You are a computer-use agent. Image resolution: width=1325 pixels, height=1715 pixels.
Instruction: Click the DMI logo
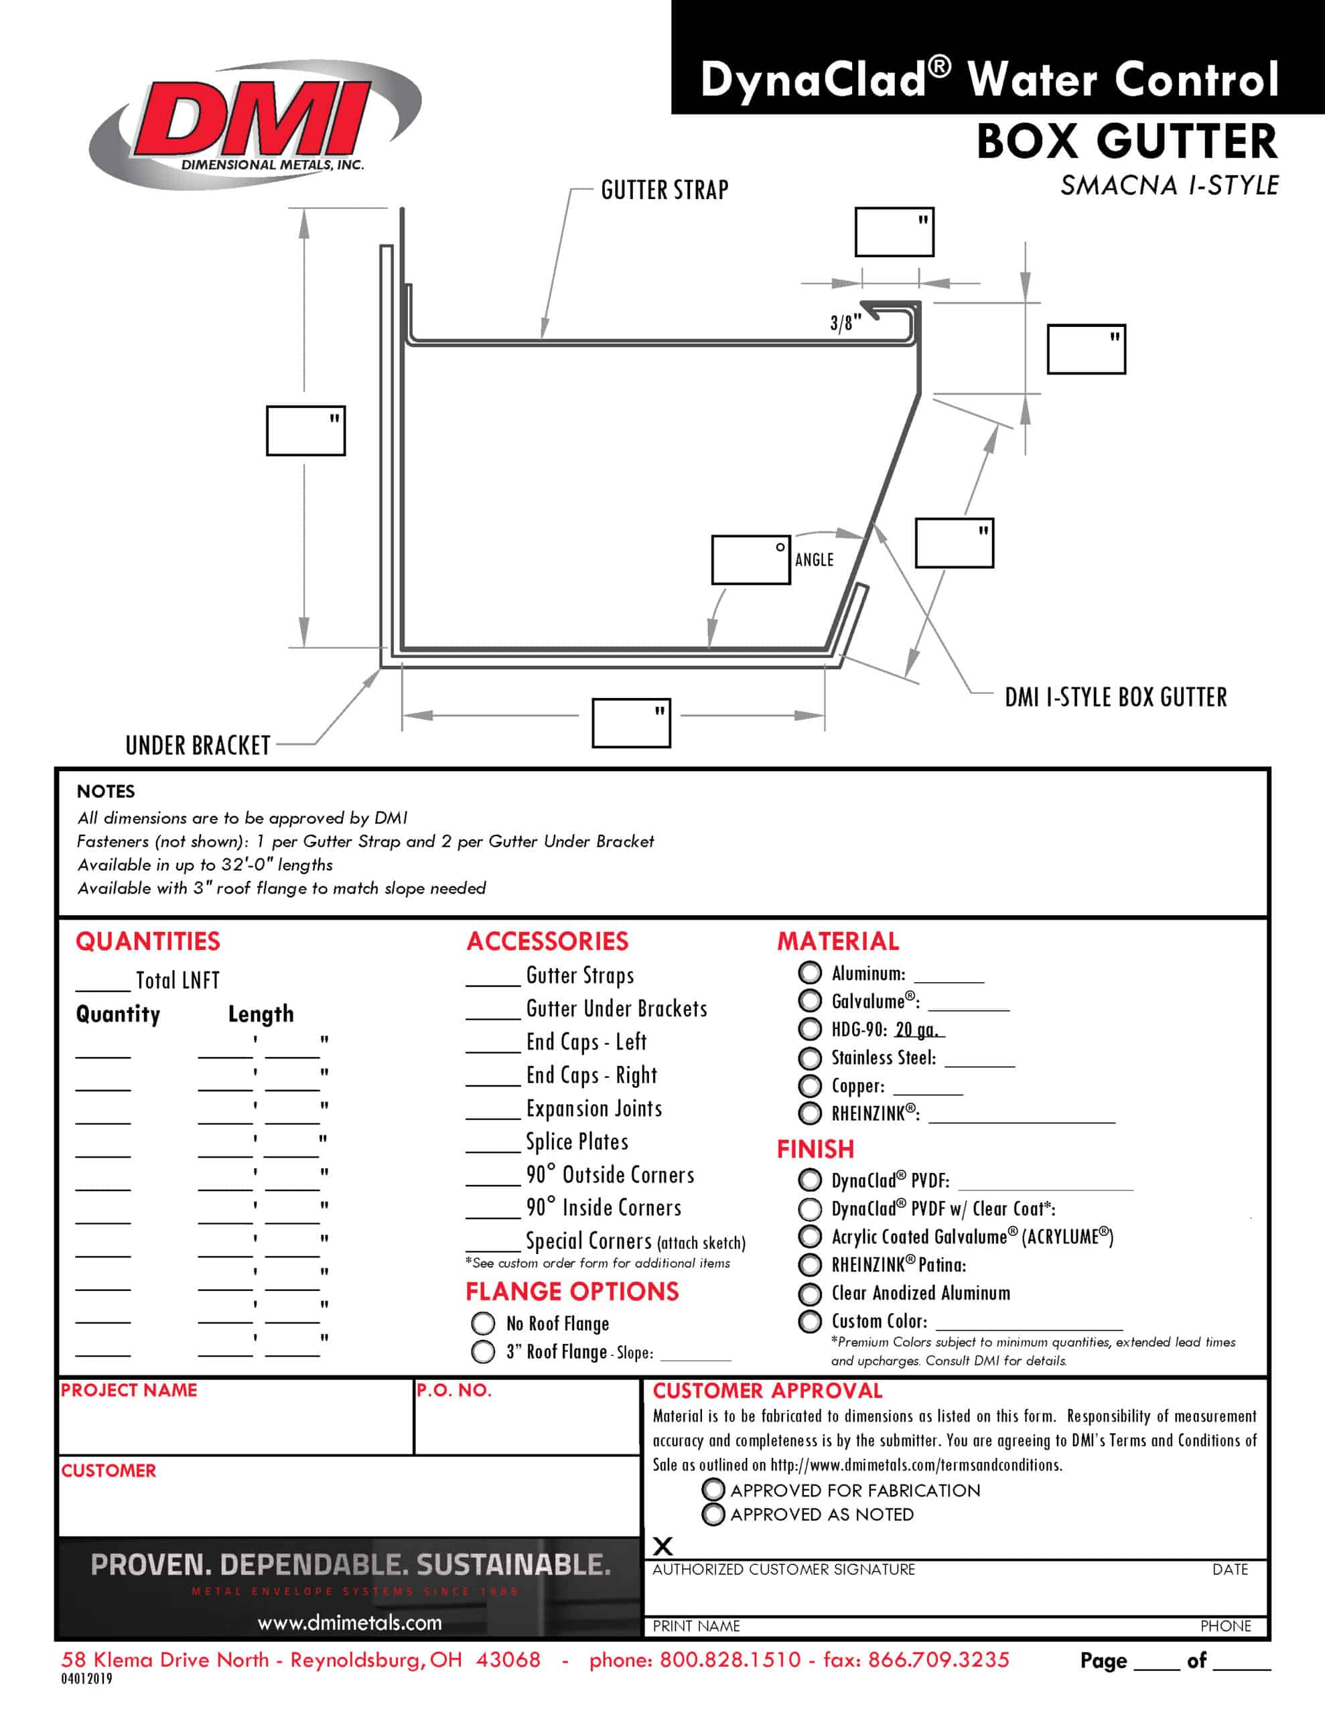pyautogui.click(x=255, y=124)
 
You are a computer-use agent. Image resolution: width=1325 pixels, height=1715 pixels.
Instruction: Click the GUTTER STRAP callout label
pyautogui.click(x=665, y=190)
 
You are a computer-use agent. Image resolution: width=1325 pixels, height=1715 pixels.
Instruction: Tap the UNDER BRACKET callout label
pyautogui.click(x=198, y=744)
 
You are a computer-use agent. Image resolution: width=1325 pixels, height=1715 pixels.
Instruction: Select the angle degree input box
pyautogui.click(x=750, y=560)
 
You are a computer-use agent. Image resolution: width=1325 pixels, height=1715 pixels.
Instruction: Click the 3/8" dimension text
pyautogui.click(x=845, y=322)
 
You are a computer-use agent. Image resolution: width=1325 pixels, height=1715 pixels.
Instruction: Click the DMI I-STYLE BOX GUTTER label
pyautogui.click(x=1115, y=697)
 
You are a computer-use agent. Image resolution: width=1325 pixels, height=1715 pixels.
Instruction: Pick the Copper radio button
pyautogui.click(x=810, y=1085)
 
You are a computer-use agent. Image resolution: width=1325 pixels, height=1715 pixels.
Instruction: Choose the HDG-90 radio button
pyautogui.click(x=810, y=1029)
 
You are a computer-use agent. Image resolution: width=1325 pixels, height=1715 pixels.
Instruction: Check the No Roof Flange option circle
pyautogui.click(x=483, y=1323)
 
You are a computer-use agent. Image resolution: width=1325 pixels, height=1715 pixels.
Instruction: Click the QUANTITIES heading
pyautogui.click(x=147, y=941)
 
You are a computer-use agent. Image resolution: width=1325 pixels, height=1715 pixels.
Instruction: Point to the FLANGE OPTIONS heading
pyautogui.click(x=572, y=1291)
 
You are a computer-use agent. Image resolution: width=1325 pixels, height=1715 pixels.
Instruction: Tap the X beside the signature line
pyautogui.click(x=663, y=1546)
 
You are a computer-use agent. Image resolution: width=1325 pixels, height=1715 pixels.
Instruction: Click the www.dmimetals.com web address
pyautogui.click(x=350, y=1623)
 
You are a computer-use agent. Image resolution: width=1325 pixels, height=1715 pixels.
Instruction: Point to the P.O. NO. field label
pyautogui.click(x=454, y=1390)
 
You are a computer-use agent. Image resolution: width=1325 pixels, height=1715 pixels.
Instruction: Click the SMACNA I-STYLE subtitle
pyautogui.click(x=1169, y=186)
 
